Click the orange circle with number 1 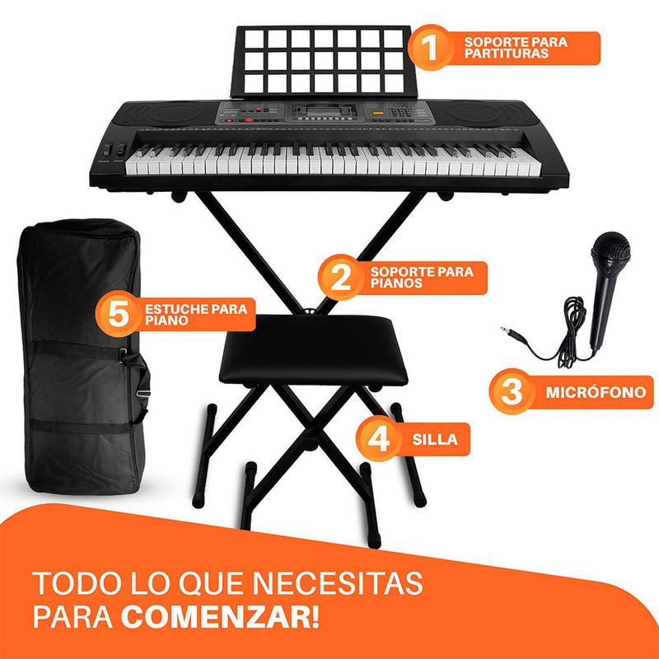431,48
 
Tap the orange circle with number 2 340,278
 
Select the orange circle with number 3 512,392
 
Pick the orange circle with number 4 379,439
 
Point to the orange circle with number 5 118,314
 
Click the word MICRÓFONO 596,392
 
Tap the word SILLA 435,439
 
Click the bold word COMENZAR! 220,616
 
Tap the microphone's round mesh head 610,249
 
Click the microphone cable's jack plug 511,332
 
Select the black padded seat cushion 313,349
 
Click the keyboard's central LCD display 322,111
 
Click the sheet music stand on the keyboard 324,62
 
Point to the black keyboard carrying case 82,358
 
